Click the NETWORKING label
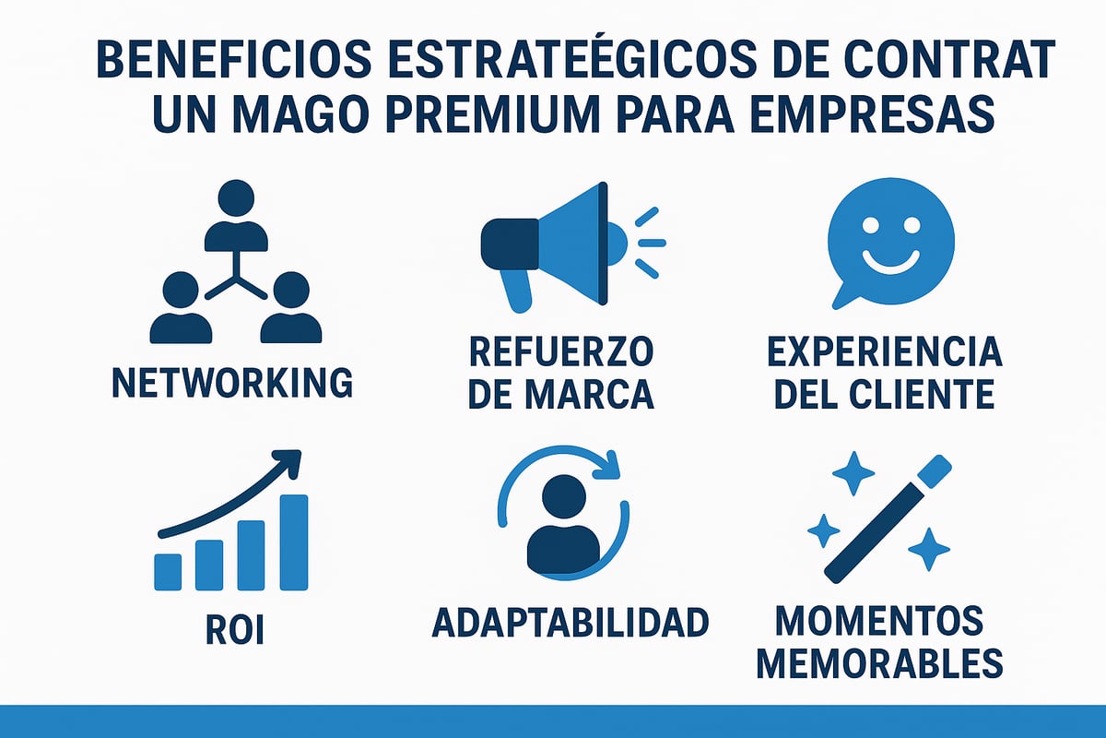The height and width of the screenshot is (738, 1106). tap(231, 382)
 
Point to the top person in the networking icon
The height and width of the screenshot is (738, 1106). tap(236, 214)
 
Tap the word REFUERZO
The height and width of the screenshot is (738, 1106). tap(561, 351)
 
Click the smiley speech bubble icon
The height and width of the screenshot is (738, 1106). tap(889, 237)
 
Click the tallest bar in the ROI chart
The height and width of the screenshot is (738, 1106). tap(293, 542)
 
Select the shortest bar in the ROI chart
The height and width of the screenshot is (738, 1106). tap(168, 571)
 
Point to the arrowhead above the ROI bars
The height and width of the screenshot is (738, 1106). tap(290, 460)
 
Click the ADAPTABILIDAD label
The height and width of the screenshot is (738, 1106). tap(571, 623)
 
